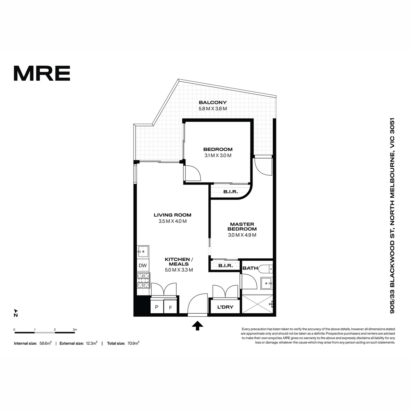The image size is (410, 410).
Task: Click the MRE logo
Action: tap(42, 73)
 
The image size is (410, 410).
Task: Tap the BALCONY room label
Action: tap(213, 102)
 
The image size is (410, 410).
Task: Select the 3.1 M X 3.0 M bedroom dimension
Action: tap(218, 155)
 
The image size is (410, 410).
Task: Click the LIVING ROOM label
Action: tap(172, 215)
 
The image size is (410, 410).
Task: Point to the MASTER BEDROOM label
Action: tap(242, 227)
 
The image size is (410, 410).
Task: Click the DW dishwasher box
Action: tap(143, 265)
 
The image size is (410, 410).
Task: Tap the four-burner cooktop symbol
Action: tap(143, 280)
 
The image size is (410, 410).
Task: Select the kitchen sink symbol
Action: tap(143, 251)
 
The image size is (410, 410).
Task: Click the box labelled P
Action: tap(157, 307)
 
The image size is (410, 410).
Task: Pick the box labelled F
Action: tap(170, 307)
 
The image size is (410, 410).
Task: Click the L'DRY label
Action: tap(225, 307)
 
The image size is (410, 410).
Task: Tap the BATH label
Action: tap(250, 268)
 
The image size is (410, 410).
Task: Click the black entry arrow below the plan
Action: tap(198, 325)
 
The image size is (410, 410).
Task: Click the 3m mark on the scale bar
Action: tap(75, 330)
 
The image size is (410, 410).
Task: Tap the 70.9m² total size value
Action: tap(133, 343)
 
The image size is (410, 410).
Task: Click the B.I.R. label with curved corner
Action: tap(230, 192)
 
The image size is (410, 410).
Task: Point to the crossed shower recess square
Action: tap(258, 304)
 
